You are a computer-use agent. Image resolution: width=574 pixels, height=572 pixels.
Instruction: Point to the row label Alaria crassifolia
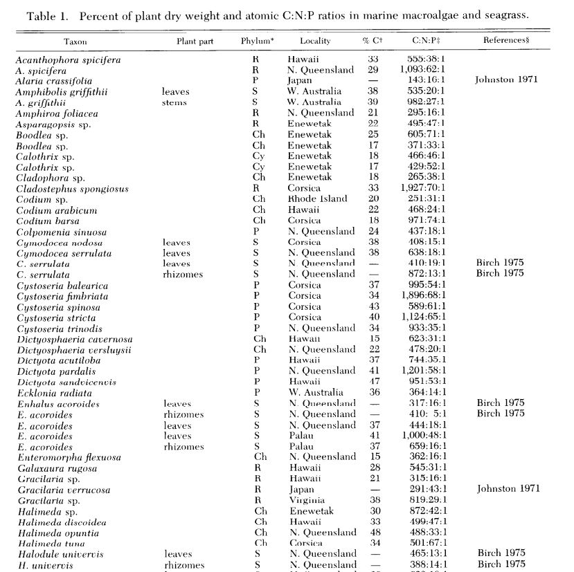pos(53,81)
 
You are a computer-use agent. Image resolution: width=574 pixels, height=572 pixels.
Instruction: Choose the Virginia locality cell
pos(307,500)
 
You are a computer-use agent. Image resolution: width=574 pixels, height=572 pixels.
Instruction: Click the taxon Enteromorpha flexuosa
pos(69,457)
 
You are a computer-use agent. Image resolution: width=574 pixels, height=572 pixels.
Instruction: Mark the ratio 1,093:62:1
pos(423,71)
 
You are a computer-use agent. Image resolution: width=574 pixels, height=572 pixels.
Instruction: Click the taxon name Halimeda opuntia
pos(57,533)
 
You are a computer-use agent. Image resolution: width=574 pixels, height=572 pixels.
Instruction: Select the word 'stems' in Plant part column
pos(174,102)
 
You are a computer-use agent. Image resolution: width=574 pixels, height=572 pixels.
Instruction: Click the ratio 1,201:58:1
pos(423,371)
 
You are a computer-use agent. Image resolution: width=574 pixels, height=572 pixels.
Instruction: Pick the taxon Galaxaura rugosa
pos(54,468)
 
